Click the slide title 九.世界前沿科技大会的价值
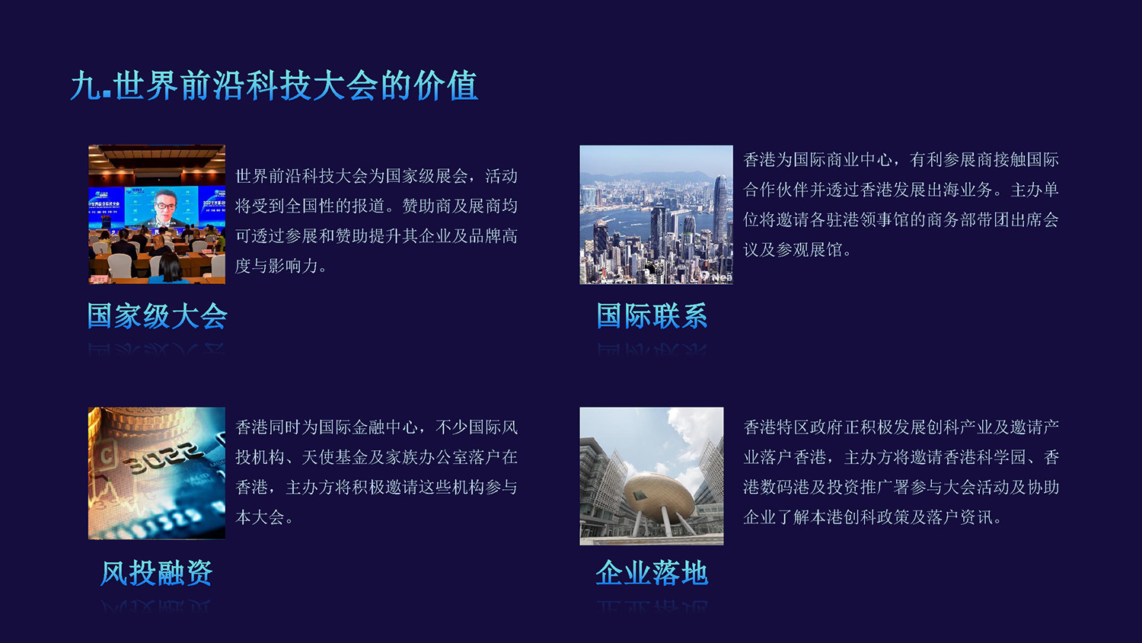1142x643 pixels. coord(274,85)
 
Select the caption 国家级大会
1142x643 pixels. coord(157,316)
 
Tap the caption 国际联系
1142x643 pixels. coord(652,316)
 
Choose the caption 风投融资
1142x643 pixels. coord(156,573)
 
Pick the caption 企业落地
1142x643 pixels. coord(652,573)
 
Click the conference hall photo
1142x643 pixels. coord(157,214)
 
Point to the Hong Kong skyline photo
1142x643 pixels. coord(656,214)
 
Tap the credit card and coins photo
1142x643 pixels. coord(157,473)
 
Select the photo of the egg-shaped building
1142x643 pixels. coord(652,475)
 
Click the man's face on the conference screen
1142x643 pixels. coord(165,203)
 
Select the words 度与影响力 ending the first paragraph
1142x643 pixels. coord(276,266)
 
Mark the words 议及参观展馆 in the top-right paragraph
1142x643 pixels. coord(793,250)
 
